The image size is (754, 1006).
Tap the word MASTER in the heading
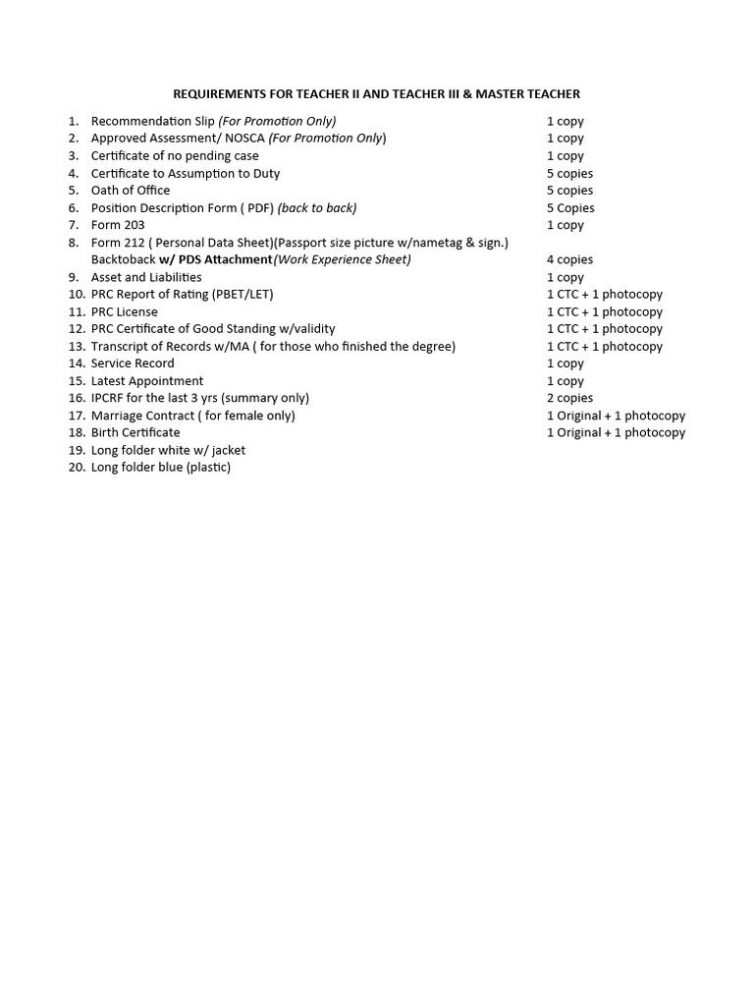pyautogui.click(x=487, y=94)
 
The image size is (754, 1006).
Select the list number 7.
pyautogui.click(x=74, y=225)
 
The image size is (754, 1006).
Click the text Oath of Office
pyautogui.click(x=131, y=191)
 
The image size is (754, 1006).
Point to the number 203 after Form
pyautogui.click(x=134, y=225)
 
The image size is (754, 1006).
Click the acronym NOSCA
pyautogui.click(x=244, y=139)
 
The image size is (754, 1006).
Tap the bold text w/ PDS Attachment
pyautogui.click(x=216, y=259)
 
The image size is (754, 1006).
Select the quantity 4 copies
pyautogui.click(x=569, y=259)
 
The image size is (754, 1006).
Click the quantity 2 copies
pyautogui.click(x=569, y=398)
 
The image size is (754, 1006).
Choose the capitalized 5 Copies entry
pyautogui.click(x=570, y=208)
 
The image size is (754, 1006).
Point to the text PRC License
pyautogui.click(x=125, y=311)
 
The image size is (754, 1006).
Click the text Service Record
pyautogui.click(x=133, y=363)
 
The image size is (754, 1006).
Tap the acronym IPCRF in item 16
pyautogui.click(x=110, y=398)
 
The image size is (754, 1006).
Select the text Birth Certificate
pyautogui.click(x=135, y=432)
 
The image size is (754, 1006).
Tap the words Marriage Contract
pyautogui.click(x=143, y=416)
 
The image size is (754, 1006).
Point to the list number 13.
pyautogui.click(x=77, y=346)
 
